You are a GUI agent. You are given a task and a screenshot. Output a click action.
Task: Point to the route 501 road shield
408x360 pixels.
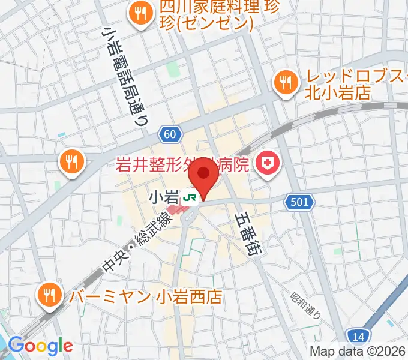pos(299,203)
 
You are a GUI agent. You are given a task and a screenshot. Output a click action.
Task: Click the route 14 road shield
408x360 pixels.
pos(358,336)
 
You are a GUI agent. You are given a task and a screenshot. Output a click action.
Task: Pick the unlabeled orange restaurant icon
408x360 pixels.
pos(72,160)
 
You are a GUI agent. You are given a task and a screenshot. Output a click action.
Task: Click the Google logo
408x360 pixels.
pos(40,345)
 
